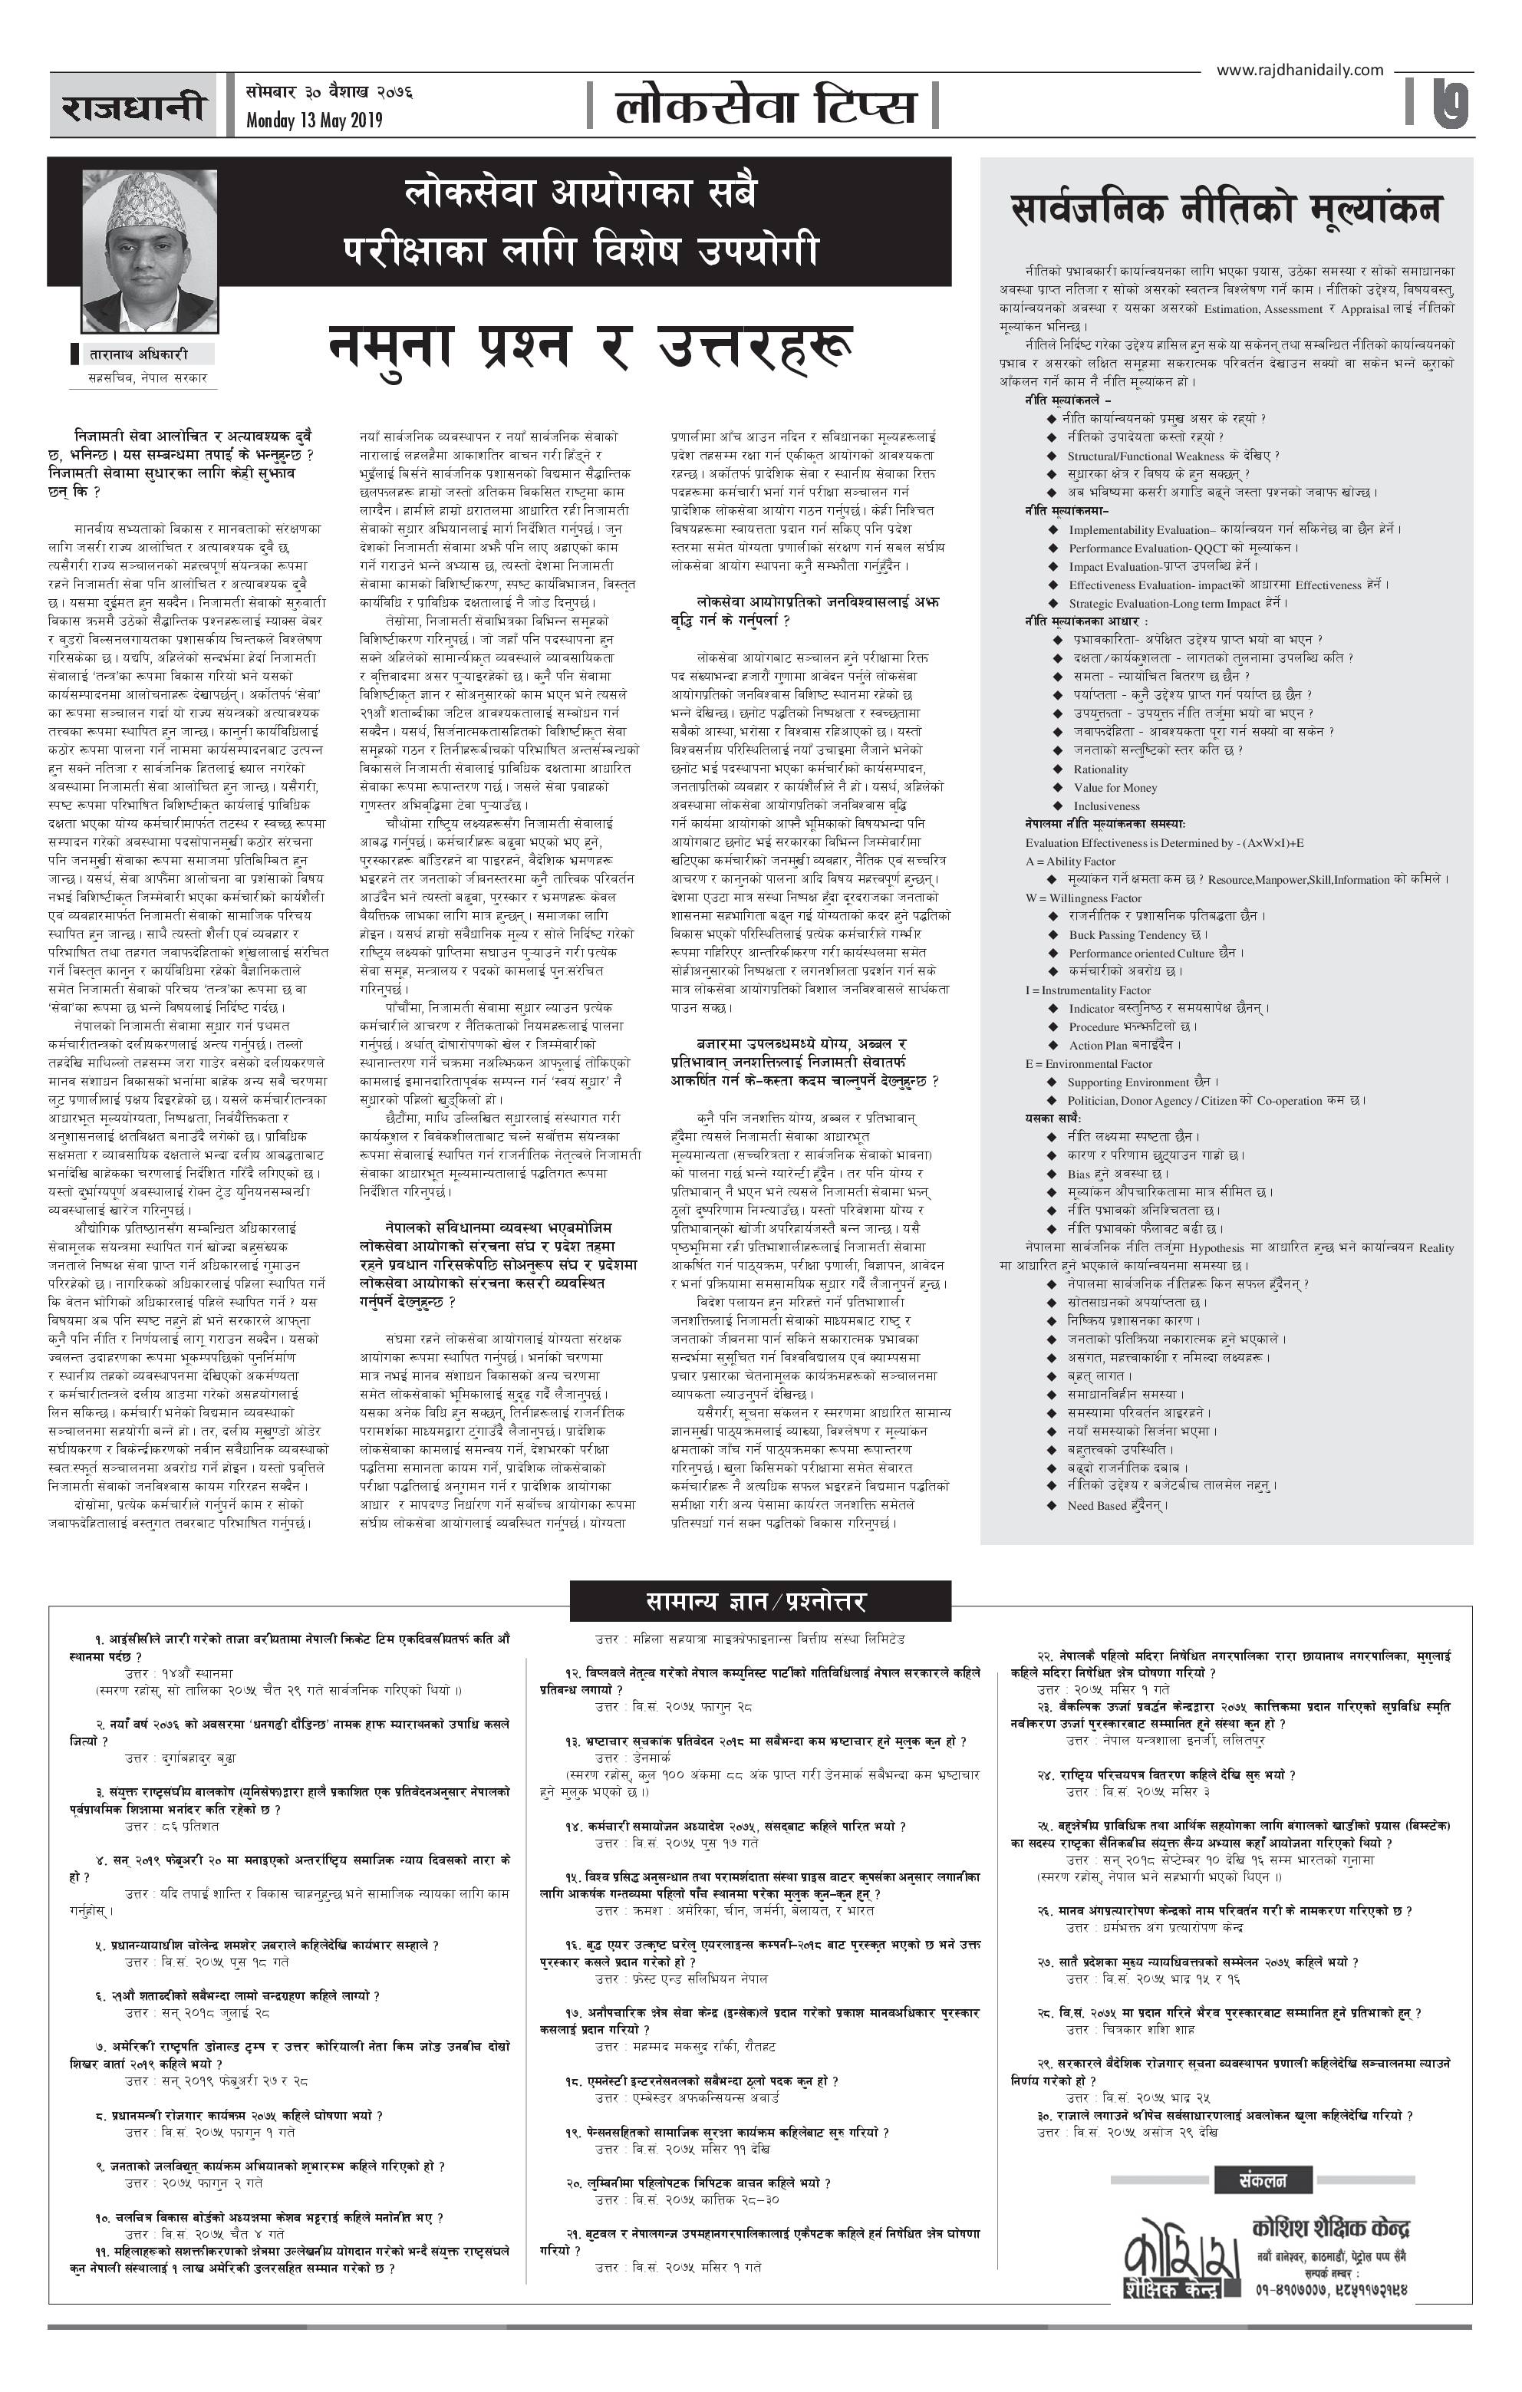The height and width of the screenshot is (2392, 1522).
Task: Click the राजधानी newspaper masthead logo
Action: click(x=133, y=105)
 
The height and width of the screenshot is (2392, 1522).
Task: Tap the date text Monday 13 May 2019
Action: click(x=314, y=120)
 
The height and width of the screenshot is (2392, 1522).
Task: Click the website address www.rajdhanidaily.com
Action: click(x=1299, y=70)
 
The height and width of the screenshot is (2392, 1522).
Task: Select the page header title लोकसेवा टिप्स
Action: click(x=763, y=105)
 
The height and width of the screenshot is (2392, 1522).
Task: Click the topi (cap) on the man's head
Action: click(x=147, y=203)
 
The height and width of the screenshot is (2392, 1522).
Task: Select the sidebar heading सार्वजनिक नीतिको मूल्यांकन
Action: click(x=1225, y=209)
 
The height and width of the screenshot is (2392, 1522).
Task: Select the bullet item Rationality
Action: click(x=1100, y=769)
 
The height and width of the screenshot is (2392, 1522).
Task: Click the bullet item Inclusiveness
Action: click(x=1105, y=806)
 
